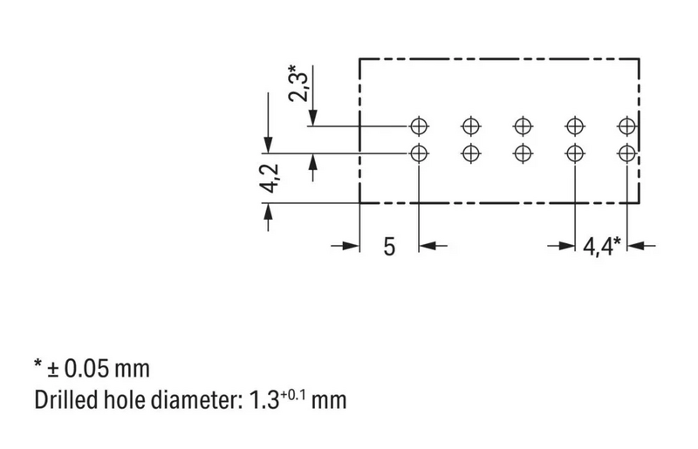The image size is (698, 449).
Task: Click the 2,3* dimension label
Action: [301, 80]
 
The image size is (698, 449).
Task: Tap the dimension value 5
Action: [389, 246]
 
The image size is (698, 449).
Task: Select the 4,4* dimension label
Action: [601, 246]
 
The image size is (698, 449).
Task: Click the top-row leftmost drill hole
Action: [420, 125]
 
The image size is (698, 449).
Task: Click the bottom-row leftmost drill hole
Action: [420, 153]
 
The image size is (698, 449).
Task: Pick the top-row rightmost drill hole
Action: [626, 125]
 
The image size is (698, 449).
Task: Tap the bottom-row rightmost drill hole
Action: [626, 153]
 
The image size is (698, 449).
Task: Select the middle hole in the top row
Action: [523, 125]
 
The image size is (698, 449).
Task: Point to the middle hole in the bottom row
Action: [523, 153]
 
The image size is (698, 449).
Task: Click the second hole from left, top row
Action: [471, 125]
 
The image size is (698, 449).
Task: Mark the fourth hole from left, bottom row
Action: [574, 153]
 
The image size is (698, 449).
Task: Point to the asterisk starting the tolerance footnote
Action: [39, 364]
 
